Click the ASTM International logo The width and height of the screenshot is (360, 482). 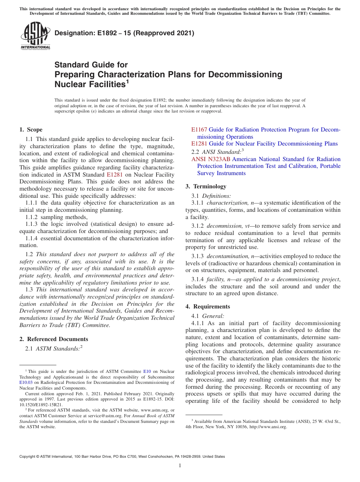coord(35,36)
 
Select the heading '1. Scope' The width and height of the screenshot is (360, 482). coord(31,130)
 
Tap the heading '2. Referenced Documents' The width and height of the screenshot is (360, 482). coord(53,339)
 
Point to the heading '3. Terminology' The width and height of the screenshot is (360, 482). coord(206,186)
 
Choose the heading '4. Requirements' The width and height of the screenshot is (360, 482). coord(208,307)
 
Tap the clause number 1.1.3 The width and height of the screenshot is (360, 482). coord(32,224)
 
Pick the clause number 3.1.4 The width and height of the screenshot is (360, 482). coord(198,279)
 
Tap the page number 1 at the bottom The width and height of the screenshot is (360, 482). coord(180,466)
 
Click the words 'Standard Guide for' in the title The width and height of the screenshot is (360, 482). coord(91,65)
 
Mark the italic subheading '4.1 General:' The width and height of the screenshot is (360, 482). coord(208,316)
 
